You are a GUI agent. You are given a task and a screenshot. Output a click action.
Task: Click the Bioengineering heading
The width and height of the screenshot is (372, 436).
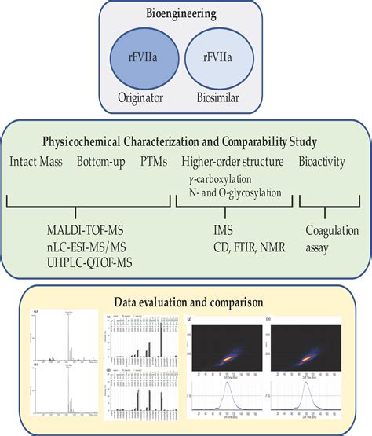[x=185, y=14]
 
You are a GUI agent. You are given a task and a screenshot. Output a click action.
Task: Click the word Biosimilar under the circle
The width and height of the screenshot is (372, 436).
[x=222, y=97]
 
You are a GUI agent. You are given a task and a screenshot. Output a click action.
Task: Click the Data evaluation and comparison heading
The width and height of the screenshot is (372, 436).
[x=186, y=300]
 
